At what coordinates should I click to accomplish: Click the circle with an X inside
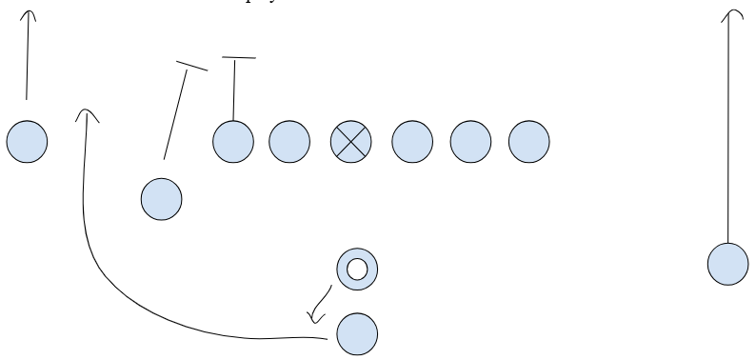click(350, 142)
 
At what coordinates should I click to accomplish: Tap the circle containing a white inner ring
click(357, 270)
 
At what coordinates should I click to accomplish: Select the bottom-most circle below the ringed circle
click(357, 332)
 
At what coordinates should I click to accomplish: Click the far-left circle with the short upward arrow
click(27, 142)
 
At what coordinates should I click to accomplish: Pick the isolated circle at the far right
click(727, 263)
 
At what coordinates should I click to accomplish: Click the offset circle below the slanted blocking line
click(161, 199)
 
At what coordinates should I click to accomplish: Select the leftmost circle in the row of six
click(233, 142)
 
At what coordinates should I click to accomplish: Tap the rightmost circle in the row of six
click(529, 142)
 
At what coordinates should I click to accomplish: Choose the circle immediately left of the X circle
click(289, 142)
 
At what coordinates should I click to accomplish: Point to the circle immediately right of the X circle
click(411, 142)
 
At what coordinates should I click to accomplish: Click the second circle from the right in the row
click(470, 142)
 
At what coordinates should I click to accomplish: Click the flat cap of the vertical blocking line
click(238, 59)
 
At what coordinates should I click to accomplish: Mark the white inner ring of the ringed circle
click(357, 270)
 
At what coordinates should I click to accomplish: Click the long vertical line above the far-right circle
click(729, 133)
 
